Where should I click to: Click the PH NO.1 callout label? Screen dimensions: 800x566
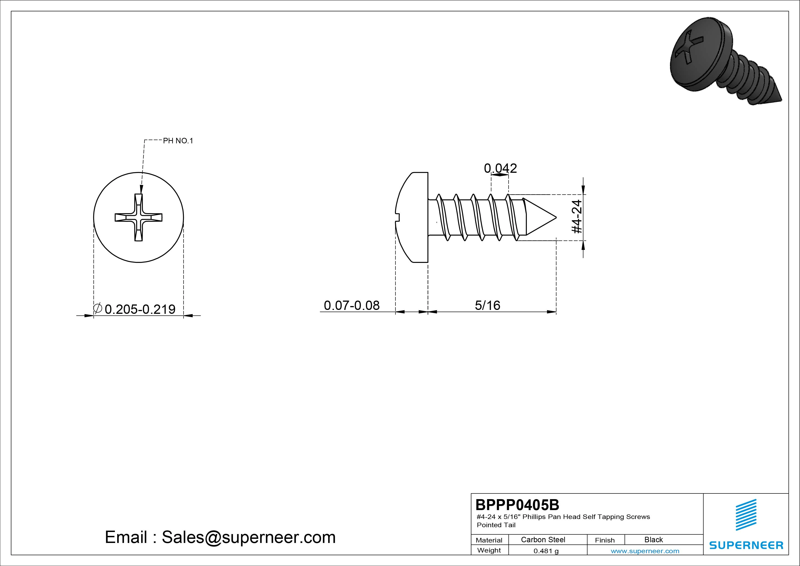coord(178,141)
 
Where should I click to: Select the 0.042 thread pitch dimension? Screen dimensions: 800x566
coord(500,168)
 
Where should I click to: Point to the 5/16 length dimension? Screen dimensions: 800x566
coord(487,306)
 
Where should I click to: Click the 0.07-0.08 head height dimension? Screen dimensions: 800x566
coord(352,306)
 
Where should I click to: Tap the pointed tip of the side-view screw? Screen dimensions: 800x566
coord(556,217)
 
